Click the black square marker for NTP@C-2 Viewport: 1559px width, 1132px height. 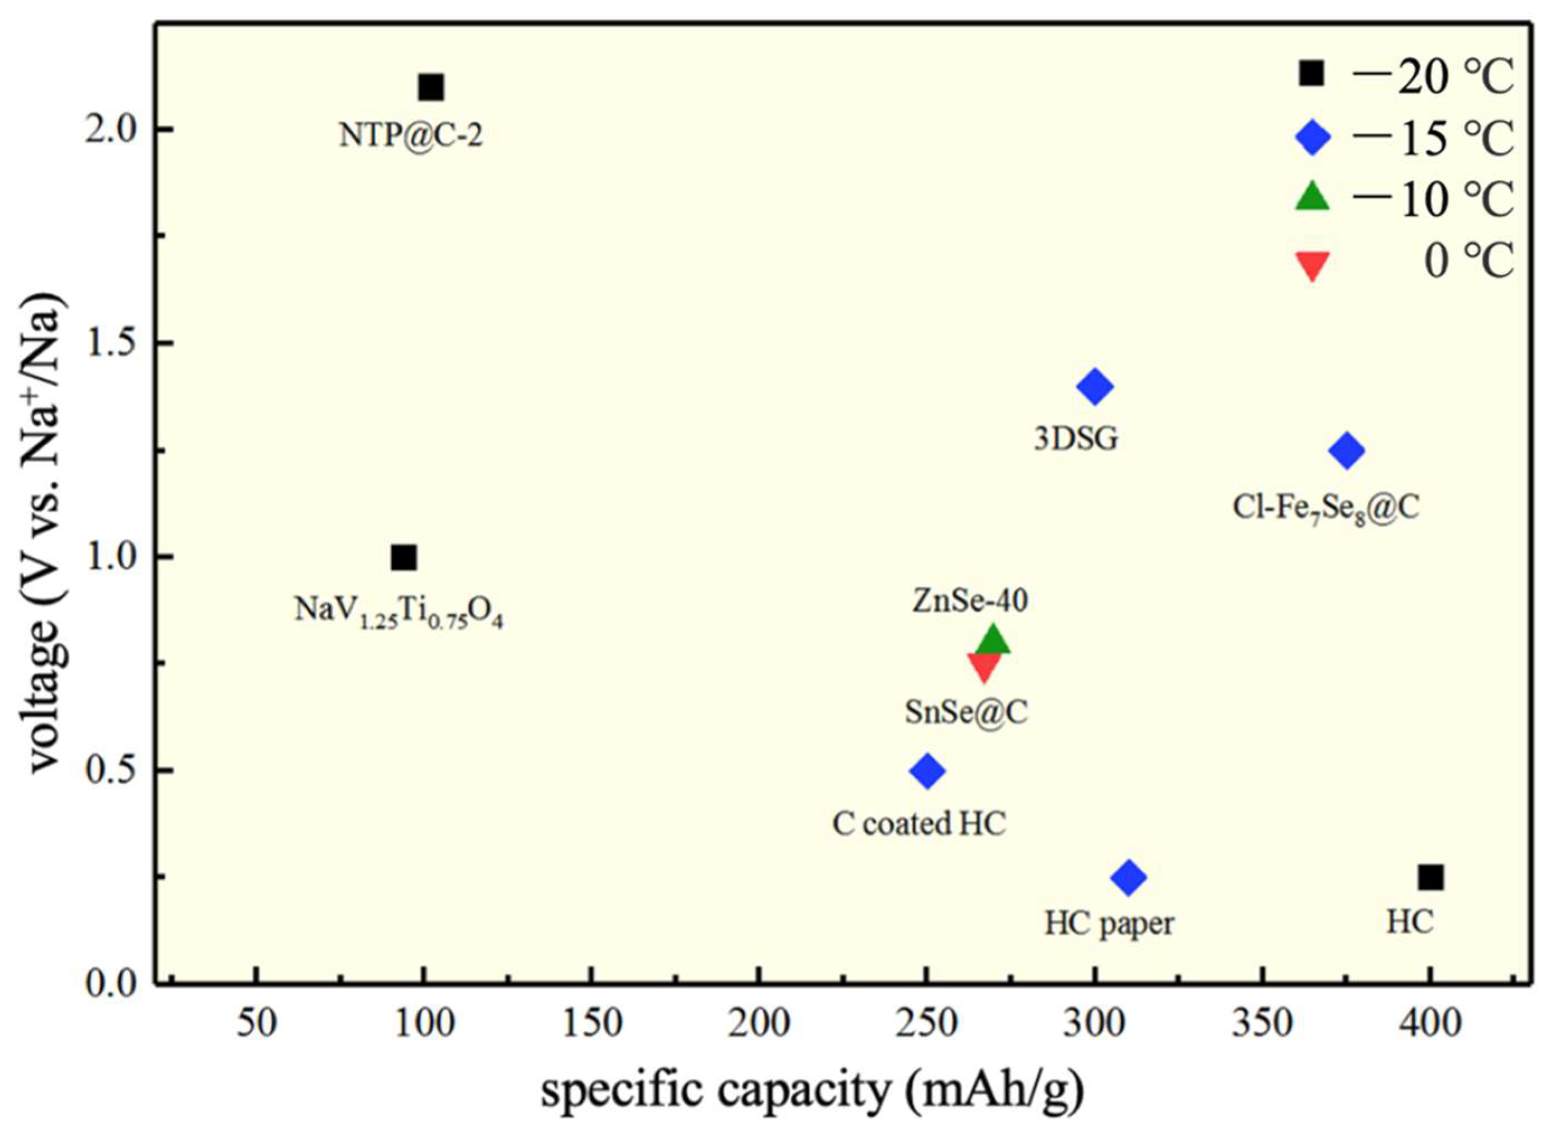(431, 88)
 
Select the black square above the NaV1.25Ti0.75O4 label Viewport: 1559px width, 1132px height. (404, 557)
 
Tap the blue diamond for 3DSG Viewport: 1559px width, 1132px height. (1095, 386)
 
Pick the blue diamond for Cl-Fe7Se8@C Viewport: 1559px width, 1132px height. (1346, 451)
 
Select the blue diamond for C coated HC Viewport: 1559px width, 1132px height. (927, 770)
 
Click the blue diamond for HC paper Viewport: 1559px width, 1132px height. (1128, 877)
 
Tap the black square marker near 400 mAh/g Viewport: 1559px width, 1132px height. (1430, 878)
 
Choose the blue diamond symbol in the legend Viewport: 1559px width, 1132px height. (1313, 138)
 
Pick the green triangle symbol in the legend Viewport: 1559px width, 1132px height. (1312, 197)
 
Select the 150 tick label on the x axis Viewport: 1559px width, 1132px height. (592, 1024)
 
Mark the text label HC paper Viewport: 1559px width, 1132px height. (1109, 925)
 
